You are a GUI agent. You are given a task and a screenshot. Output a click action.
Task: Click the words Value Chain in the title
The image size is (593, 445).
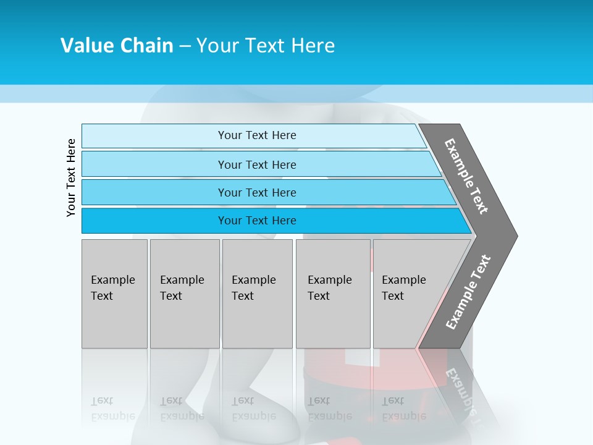(x=117, y=46)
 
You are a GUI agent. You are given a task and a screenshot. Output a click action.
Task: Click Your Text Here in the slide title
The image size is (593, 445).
(x=266, y=46)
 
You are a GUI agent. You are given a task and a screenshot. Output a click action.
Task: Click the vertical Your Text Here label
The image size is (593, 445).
(x=71, y=177)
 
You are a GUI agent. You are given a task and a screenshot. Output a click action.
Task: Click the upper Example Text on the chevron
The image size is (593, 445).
(x=466, y=176)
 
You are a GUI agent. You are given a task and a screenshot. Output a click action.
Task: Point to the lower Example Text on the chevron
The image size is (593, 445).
(x=468, y=292)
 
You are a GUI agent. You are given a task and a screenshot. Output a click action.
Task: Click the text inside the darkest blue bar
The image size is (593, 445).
(x=257, y=221)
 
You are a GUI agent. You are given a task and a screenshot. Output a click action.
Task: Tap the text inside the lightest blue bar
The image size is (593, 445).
(x=257, y=135)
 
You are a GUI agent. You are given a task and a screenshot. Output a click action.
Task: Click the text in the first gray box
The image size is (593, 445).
(x=112, y=288)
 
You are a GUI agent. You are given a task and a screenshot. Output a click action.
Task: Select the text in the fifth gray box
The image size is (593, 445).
(x=403, y=288)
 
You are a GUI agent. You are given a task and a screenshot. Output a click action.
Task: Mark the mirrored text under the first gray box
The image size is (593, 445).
(x=112, y=409)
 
